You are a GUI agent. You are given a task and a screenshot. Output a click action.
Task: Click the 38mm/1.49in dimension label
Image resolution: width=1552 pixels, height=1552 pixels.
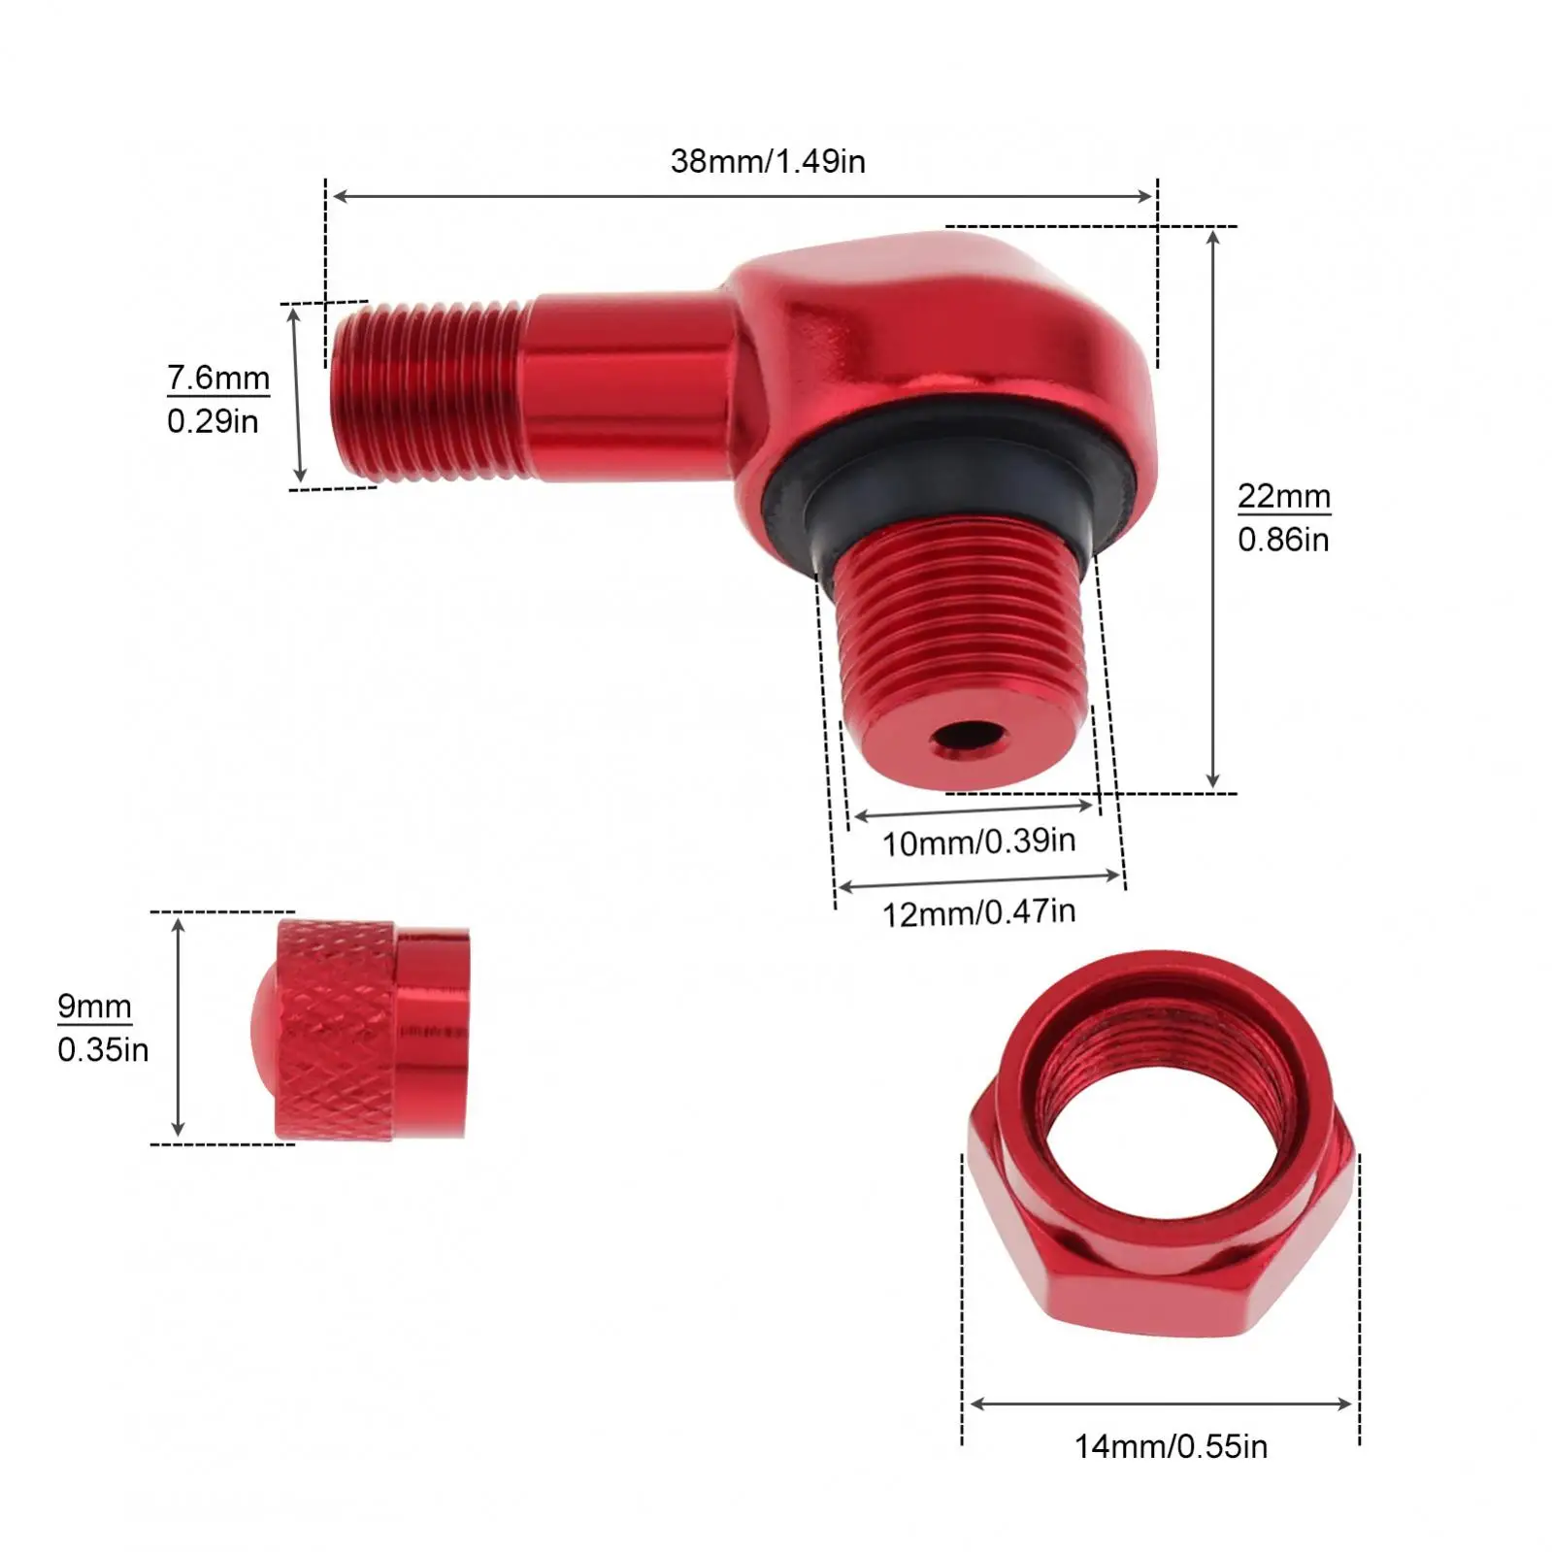768,160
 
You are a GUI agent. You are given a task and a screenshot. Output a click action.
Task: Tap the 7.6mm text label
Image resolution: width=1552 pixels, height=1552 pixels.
218,377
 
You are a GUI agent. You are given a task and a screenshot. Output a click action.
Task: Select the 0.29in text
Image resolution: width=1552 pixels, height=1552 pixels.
213,420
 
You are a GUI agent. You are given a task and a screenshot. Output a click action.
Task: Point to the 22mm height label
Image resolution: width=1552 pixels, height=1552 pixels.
1283,496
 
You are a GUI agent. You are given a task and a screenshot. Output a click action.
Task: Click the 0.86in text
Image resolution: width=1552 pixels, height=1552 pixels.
1283,539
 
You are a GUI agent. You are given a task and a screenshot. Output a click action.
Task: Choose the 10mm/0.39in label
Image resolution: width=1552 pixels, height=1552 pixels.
978,842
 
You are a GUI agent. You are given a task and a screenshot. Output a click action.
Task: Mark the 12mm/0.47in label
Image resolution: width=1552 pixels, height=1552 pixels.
978,912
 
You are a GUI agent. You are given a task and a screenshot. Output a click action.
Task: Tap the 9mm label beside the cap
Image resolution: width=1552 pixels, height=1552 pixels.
94,1007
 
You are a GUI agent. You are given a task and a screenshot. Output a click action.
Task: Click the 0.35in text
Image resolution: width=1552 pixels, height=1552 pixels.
103,1049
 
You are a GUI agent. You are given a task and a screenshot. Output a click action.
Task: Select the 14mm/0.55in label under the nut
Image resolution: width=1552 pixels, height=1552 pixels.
1171,1446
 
